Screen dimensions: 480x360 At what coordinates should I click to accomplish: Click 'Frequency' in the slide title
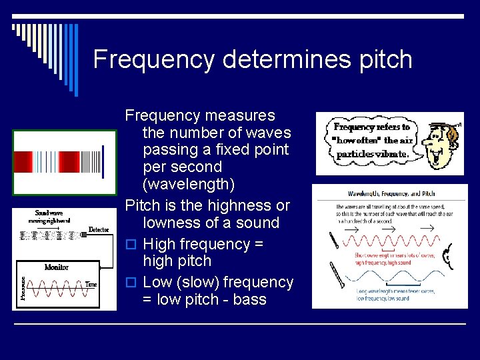[x=154, y=60]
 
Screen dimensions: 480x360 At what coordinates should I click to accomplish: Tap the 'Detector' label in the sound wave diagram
[x=99, y=230]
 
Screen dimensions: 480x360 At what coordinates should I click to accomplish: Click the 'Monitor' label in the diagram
[x=57, y=267]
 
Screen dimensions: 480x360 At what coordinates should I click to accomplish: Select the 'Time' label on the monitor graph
[x=91, y=285]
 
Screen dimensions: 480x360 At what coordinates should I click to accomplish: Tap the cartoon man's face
[x=437, y=144]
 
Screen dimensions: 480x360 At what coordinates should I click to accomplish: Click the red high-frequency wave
[x=391, y=243]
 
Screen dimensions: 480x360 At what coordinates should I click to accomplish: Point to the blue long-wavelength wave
[x=391, y=277]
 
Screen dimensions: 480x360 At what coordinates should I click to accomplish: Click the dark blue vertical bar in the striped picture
[x=102, y=161]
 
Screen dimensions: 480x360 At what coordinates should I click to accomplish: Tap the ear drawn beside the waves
[x=447, y=254]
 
